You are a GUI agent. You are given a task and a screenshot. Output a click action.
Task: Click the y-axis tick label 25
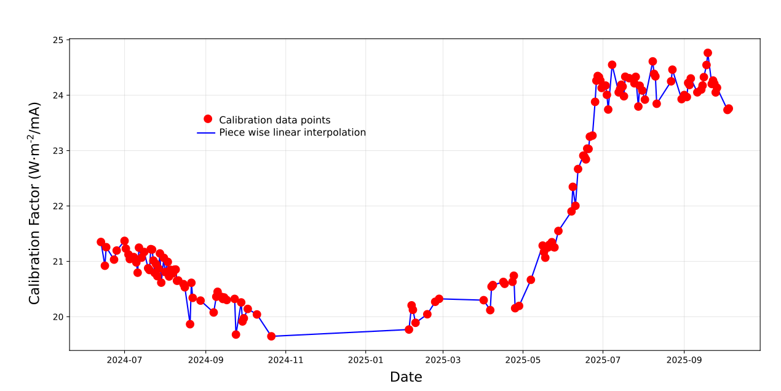(58, 40)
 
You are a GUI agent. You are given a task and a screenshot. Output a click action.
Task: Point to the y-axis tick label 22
(58, 206)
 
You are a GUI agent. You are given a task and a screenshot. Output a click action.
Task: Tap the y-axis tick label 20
(58, 317)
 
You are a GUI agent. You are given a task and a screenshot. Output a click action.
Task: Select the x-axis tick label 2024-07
(124, 360)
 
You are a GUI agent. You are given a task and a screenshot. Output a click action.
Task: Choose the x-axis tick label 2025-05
(523, 360)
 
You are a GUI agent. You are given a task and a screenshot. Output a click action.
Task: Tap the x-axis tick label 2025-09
(684, 360)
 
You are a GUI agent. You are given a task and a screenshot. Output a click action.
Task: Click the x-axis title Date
(406, 377)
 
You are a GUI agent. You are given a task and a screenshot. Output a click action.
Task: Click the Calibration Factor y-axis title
(35, 203)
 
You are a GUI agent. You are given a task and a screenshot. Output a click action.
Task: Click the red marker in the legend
(208, 119)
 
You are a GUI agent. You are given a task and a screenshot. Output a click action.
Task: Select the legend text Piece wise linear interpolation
(292, 132)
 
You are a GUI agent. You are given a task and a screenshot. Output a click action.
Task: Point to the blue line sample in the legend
(208, 132)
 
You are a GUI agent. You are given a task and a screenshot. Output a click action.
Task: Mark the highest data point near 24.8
(708, 53)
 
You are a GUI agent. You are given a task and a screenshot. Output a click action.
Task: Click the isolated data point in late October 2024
(271, 336)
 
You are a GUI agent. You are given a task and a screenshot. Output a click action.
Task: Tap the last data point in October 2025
(729, 108)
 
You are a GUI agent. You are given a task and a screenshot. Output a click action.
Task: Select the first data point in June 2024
(101, 242)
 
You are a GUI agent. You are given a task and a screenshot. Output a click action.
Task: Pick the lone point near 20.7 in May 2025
(531, 280)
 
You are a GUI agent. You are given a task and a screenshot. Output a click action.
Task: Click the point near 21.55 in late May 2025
(558, 231)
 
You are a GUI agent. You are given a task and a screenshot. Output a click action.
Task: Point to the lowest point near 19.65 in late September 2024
(236, 334)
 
